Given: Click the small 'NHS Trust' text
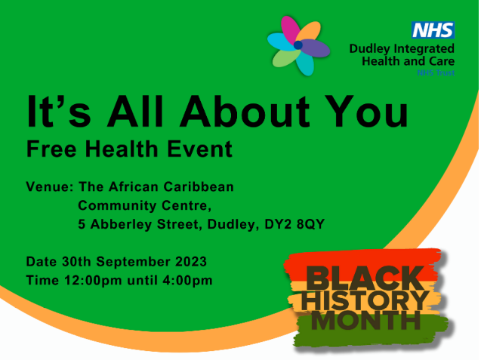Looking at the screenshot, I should tap(436, 73).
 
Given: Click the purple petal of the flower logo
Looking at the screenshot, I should tap(315, 48).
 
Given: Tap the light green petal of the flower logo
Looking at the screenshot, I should tap(285, 57).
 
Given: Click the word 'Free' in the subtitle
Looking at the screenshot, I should tap(48, 149).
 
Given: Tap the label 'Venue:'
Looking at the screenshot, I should tap(48, 186).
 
